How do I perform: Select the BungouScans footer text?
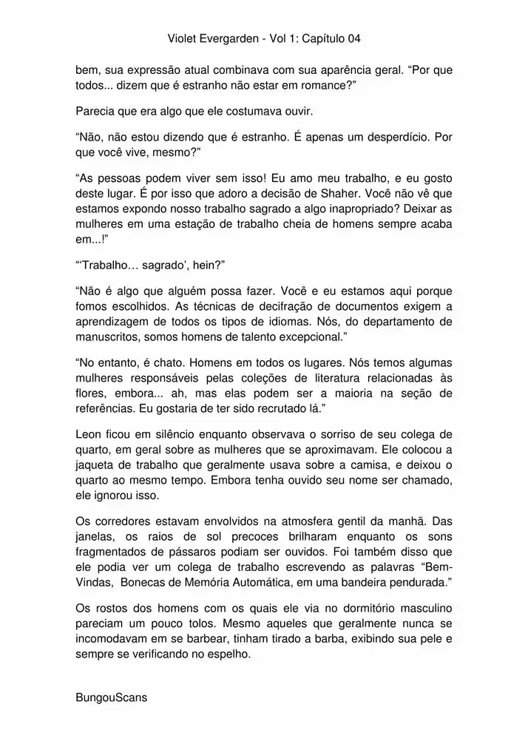coord(112,697)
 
